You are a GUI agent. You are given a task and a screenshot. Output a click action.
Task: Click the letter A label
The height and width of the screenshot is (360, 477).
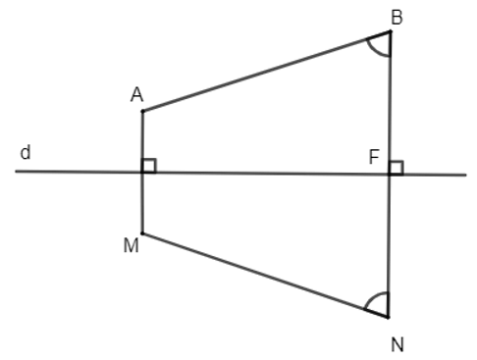pos(137,94)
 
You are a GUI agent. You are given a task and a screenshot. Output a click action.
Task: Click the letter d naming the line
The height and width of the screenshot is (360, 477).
pos(25,154)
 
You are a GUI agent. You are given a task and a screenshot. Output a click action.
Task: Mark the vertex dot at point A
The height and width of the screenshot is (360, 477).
pos(142,111)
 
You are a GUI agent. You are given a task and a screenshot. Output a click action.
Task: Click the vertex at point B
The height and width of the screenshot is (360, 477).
pos(390,31)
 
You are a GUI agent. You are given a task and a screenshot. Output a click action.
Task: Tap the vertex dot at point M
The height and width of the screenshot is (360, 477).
pos(142,233)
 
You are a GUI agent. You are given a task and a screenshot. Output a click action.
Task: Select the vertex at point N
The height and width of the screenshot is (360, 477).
pos(389,317)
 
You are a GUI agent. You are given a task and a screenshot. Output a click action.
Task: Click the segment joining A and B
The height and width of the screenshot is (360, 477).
pos(265,72)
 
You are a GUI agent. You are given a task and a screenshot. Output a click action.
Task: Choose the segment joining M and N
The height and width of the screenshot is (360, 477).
pos(265,275)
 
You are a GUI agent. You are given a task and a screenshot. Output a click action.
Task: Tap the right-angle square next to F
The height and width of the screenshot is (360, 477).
pos(396,168)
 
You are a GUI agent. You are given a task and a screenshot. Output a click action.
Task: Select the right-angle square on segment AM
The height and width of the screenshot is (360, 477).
pos(149,166)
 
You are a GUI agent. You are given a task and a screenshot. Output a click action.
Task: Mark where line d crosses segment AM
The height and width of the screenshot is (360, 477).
pos(142,173)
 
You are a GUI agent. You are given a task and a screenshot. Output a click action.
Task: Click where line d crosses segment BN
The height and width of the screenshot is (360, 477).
pos(389,175)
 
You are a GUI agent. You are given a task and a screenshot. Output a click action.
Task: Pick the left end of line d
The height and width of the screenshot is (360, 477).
pos(17,172)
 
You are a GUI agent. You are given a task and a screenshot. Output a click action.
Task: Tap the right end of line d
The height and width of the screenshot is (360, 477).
pos(465,176)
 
